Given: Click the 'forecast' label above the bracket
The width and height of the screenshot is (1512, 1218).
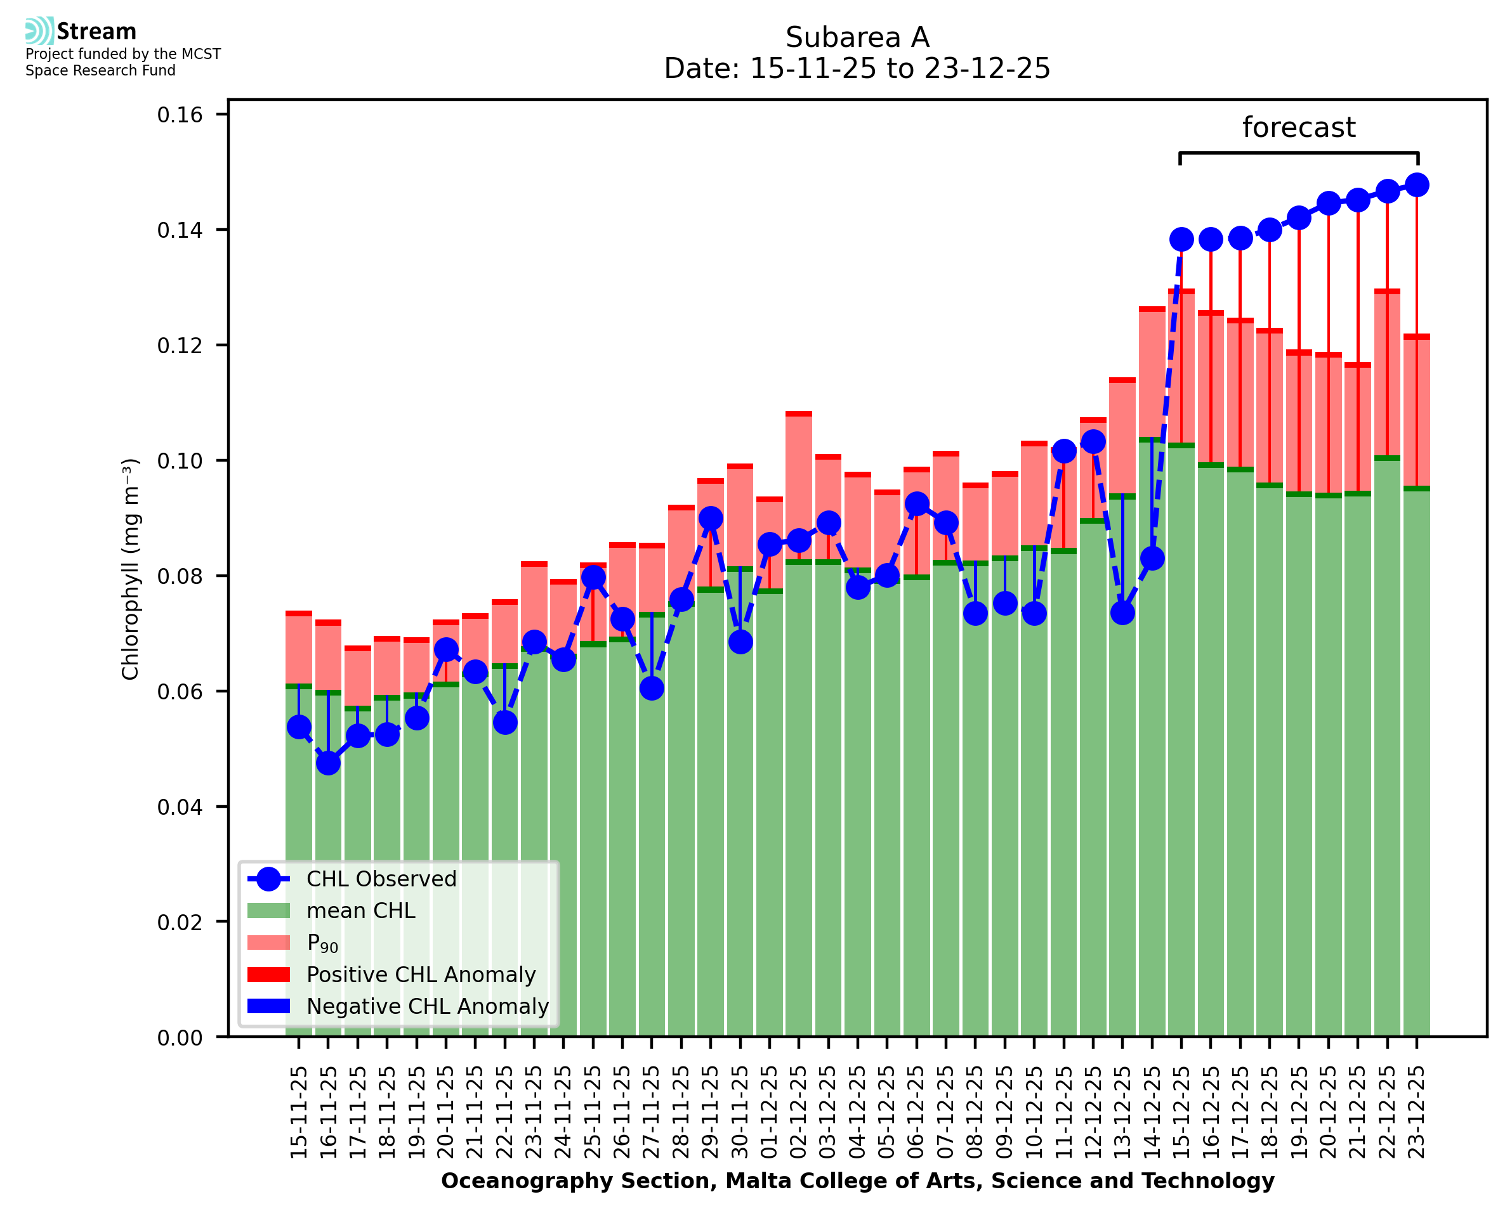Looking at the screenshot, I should (x=1298, y=127).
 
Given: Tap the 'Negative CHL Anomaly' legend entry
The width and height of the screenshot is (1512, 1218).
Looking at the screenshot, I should (x=427, y=1006).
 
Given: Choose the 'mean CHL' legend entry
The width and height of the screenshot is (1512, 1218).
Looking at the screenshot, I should (x=360, y=910).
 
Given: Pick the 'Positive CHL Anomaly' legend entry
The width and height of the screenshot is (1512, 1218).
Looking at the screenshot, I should (x=421, y=975).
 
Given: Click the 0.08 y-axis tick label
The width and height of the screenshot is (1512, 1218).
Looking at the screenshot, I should (x=180, y=576).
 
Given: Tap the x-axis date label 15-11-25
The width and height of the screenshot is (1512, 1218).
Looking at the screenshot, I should (x=299, y=1113).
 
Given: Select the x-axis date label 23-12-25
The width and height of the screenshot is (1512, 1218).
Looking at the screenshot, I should (x=1417, y=1113).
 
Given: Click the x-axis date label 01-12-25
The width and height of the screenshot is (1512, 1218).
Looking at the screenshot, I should (x=770, y=1113).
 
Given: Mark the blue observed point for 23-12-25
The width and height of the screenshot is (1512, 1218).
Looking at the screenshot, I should (x=1417, y=185).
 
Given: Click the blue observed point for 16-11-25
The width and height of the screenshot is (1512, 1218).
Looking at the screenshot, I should (x=328, y=763).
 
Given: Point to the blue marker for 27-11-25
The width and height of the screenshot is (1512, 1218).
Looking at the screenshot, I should (x=652, y=689).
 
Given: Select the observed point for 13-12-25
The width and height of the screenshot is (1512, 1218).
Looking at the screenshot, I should (x=1122, y=613).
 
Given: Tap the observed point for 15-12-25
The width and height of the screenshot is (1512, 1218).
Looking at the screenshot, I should (x=1181, y=239).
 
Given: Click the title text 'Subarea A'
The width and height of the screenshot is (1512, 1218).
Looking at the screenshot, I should (x=857, y=37).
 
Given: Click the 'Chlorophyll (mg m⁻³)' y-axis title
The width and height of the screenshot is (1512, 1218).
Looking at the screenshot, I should (x=131, y=569).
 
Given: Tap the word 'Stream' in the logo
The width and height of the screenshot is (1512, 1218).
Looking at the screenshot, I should (x=96, y=32).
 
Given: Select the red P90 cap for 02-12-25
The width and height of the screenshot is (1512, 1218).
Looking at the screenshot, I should (x=799, y=414).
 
